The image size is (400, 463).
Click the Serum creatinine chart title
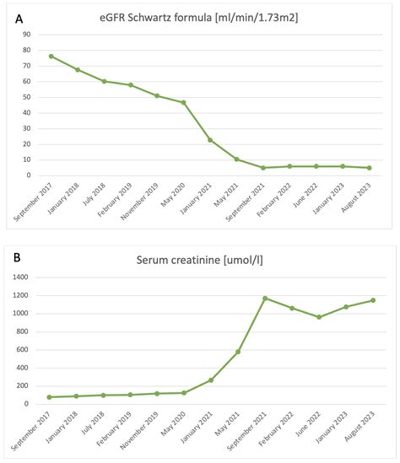point(211,260)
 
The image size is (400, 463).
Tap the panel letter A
point(18,16)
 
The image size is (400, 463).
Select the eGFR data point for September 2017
point(51,57)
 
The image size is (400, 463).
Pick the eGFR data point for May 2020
point(183,103)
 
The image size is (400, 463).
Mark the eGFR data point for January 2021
point(210,140)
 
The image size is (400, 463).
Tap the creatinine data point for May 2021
point(238,351)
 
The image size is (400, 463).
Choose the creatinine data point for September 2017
point(50,396)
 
